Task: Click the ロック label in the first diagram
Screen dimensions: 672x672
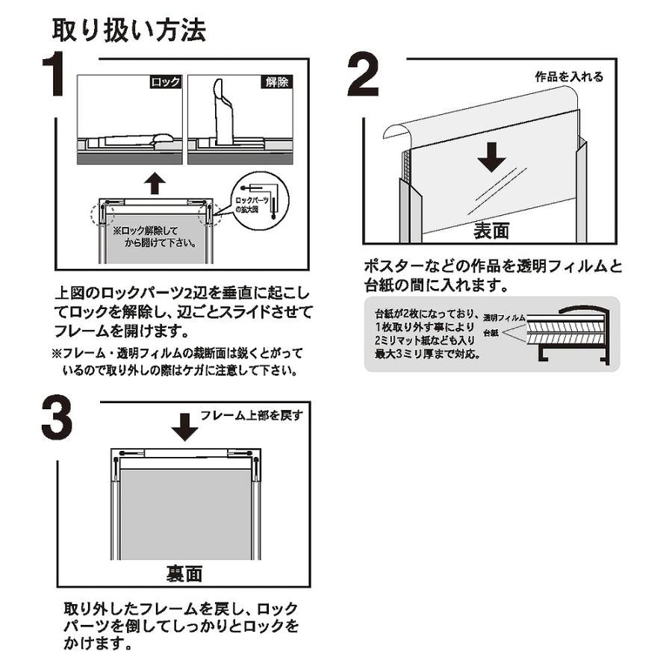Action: pyautogui.click(x=165, y=83)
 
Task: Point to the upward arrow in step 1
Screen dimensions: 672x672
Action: pyautogui.click(x=154, y=182)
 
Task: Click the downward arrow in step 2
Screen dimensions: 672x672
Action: pyautogui.click(x=491, y=156)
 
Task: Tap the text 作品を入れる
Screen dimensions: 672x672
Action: pyautogui.click(x=569, y=77)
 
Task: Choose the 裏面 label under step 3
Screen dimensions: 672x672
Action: pyautogui.click(x=183, y=573)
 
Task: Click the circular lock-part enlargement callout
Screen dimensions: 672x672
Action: pyautogui.click(x=257, y=196)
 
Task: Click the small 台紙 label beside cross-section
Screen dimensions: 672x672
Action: pyautogui.click(x=490, y=332)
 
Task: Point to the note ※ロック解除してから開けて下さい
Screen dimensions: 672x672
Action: pyautogui.click(x=155, y=237)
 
